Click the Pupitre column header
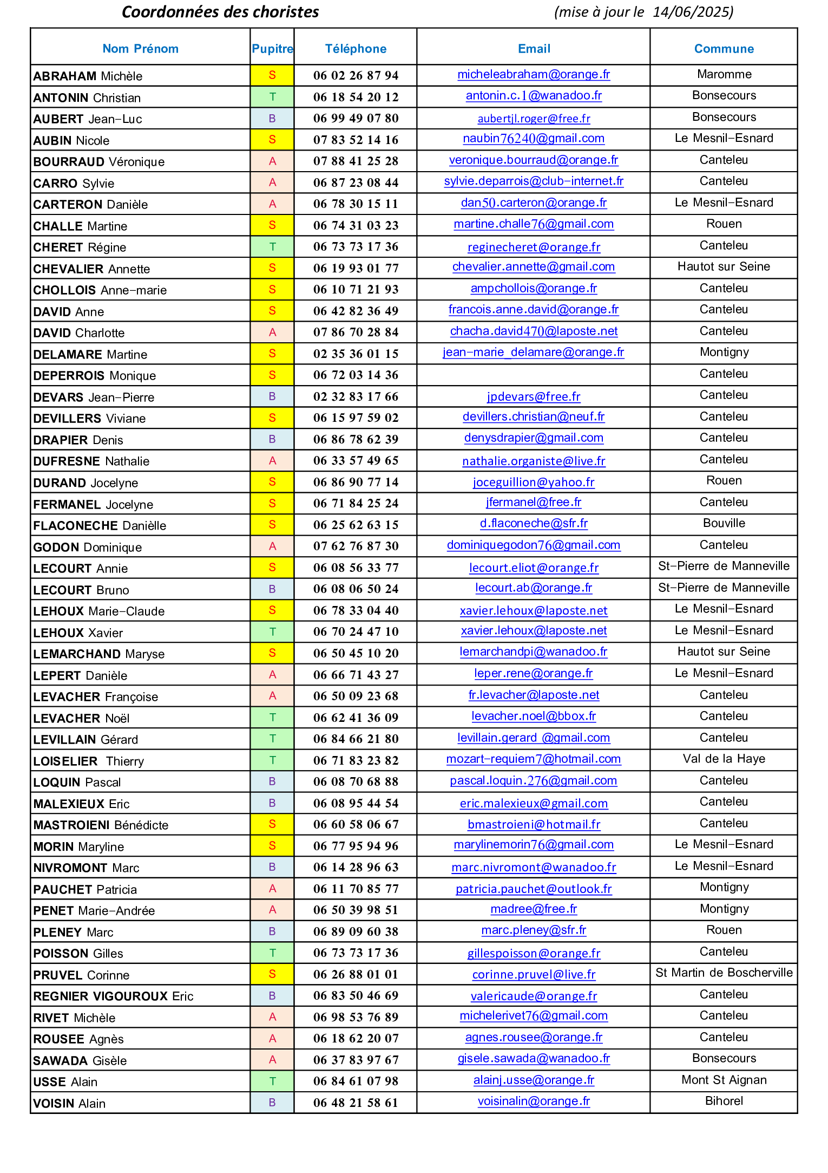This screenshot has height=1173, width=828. [272, 49]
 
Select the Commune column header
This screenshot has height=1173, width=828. [724, 49]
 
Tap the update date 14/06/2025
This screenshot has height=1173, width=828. [693, 12]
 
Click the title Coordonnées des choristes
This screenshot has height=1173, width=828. [220, 12]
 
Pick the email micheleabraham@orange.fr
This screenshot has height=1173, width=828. [534, 75]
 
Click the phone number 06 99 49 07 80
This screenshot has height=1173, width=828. [356, 118]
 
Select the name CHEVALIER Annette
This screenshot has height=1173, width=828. [91, 269]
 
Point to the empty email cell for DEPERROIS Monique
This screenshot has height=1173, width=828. [534, 375]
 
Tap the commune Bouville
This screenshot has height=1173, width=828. [724, 523]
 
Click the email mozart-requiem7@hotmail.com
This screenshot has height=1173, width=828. [534, 759]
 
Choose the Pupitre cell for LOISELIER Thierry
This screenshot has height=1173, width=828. [272, 760]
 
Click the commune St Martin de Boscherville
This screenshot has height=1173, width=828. [724, 973]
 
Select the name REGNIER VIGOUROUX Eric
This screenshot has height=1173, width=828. [113, 996]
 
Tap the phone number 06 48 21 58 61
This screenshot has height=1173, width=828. [356, 1103]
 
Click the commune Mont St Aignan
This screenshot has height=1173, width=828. [724, 1080]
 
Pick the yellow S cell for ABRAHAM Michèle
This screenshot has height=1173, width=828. [272, 75]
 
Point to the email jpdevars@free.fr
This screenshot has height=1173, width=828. [534, 396]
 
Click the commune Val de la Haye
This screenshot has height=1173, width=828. [724, 759]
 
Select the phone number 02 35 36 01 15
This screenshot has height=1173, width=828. [356, 354]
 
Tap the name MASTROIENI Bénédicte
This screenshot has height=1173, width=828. [101, 825]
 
